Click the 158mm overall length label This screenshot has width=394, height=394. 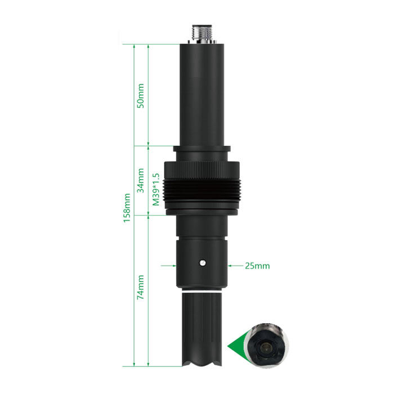[x=127, y=208]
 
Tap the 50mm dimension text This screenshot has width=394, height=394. [x=141, y=96]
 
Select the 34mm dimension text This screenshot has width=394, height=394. [x=141, y=181]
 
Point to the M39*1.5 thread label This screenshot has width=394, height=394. [x=156, y=189]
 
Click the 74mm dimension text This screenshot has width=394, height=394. [x=141, y=287]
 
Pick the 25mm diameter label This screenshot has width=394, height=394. [x=257, y=266]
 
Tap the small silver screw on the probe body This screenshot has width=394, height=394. [x=203, y=263]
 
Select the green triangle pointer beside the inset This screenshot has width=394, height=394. [x=237, y=345]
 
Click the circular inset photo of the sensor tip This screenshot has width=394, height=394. [x=268, y=346]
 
